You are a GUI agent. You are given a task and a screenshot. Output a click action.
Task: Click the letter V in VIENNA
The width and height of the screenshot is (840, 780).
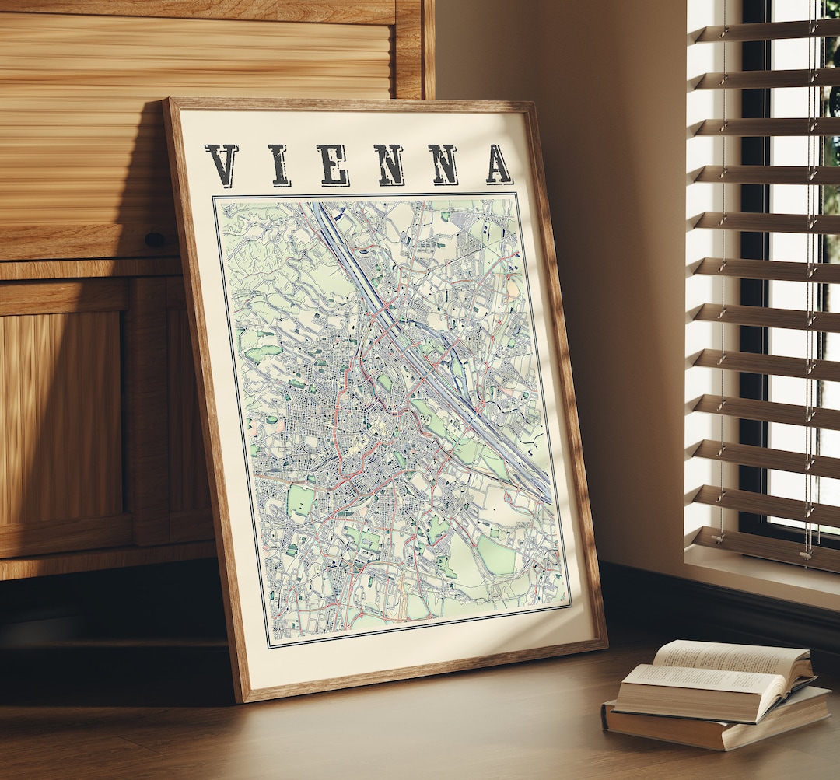point(222,164)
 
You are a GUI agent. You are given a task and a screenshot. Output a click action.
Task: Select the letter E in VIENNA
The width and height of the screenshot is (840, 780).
point(334,165)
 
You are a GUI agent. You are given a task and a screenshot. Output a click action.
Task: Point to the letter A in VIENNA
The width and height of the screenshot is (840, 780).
point(499,164)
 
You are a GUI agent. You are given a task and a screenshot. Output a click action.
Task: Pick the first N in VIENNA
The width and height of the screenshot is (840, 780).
point(389,165)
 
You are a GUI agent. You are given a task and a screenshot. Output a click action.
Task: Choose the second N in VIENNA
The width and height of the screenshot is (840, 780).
point(443,164)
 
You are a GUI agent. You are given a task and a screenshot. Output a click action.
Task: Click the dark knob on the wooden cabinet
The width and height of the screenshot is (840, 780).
point(154,240)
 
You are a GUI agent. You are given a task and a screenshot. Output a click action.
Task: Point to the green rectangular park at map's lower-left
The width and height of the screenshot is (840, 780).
point(300,502)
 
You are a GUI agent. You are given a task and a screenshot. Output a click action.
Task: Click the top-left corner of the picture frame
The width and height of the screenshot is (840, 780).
point(166,101)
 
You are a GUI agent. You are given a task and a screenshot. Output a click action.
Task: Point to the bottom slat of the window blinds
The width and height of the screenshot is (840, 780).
point(766,544)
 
